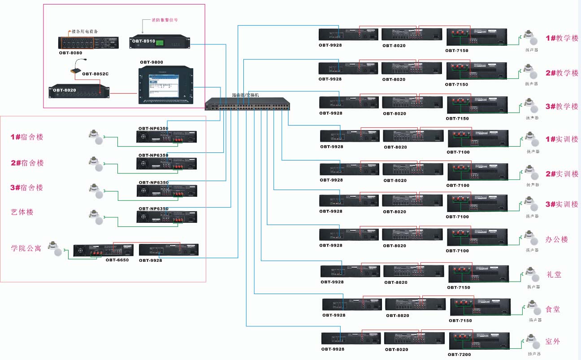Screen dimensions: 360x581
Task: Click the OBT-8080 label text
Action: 70,52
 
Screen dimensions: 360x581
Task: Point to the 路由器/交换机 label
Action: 246,95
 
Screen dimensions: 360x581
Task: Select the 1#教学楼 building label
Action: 562,39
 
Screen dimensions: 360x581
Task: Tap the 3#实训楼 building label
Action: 562,204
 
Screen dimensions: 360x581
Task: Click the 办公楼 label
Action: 557,239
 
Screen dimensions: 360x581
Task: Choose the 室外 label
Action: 553,342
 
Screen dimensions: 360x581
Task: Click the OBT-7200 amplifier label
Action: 460,355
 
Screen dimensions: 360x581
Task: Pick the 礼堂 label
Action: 554,274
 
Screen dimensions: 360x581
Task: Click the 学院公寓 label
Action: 26,247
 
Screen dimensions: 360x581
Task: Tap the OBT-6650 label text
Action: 117,260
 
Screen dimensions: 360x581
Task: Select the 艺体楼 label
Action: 22,212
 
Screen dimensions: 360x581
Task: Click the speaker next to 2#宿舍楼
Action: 96,164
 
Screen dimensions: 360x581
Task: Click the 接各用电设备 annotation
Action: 85,31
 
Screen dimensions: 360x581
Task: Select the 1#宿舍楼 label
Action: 27,137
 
